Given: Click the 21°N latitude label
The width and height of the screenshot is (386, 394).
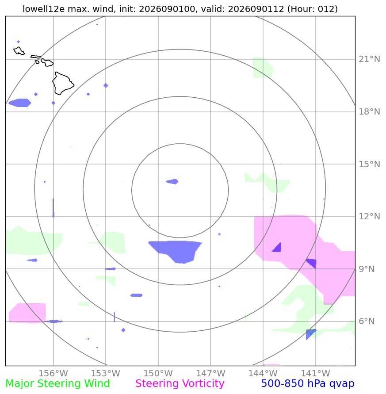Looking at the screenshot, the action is (x=369, y=59).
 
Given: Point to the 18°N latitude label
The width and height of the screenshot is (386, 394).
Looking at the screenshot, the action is (x=369, y=112).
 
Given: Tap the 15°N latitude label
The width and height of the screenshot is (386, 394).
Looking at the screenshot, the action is (x=369, y=164).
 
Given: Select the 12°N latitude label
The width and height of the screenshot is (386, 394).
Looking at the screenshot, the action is (x=369, y=217).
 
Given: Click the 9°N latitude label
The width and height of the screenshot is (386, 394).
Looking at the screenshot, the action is (x=367, y=269).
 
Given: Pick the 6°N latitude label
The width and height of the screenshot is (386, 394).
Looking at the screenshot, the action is (x=367, y=321).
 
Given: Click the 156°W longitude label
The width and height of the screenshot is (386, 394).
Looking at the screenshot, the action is (x=53, y=373).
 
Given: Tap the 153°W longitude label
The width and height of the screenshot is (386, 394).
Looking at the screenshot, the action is (x=106, y=373).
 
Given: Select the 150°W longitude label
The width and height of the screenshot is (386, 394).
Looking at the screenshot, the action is (x=158, y=373).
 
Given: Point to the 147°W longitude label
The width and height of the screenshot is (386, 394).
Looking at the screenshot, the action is (x=210, y=373).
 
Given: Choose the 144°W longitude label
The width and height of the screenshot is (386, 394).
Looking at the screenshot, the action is (x=263, y=373).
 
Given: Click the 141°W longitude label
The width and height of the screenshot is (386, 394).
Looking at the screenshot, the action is (x=315, y=373).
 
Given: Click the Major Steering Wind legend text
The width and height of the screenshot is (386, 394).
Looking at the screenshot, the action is (x=57, y=384).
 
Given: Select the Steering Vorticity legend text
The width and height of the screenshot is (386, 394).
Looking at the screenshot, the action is (x=180, y=384).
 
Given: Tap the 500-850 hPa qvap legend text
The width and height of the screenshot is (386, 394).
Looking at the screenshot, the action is (x=308, y=384).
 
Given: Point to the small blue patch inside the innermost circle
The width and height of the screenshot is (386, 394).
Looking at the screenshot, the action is (x=172, y=181).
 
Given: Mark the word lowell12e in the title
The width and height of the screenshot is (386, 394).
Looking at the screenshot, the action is (x=43, y=9).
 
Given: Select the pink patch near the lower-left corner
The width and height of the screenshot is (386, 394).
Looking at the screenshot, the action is (x=27, y=313).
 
